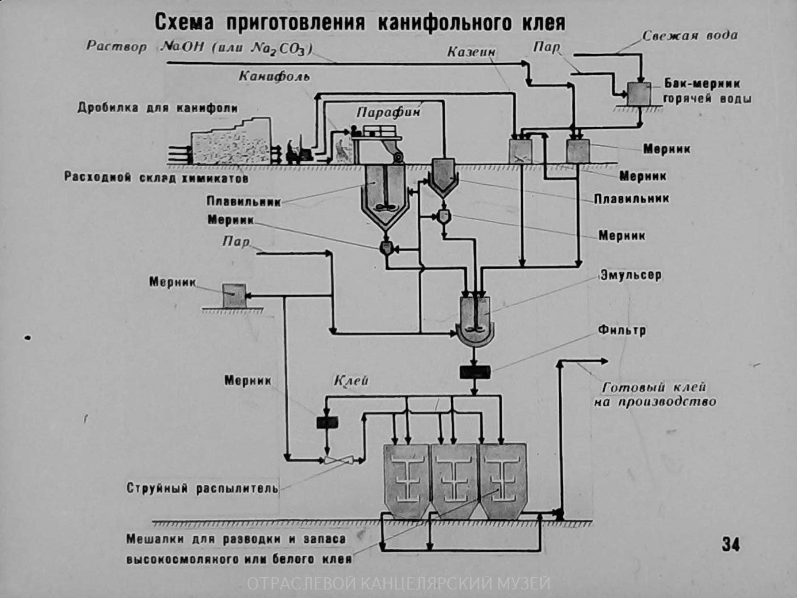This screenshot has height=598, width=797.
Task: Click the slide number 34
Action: click(730, 544)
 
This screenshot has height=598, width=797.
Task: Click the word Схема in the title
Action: click(184, 23)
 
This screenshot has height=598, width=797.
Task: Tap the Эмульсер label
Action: click(631, 275)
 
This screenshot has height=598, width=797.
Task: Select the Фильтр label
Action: click(621, 330)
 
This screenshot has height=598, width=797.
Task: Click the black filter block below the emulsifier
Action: click(474, 372)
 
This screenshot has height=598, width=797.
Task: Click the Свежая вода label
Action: click(689, 36)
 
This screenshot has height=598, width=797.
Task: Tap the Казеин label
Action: click(471, 52)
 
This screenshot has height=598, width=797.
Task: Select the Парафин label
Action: click(388, 112)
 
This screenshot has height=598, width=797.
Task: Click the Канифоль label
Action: click(274, 77)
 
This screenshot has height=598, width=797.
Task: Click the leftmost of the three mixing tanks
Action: click(406, 481)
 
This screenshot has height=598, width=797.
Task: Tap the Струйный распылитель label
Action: click(202, 489)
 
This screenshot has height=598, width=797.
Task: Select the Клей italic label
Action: click(351, 381)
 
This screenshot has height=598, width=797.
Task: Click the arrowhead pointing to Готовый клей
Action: click(604, 361)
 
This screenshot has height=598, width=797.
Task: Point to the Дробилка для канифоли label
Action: click(158, 108)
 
